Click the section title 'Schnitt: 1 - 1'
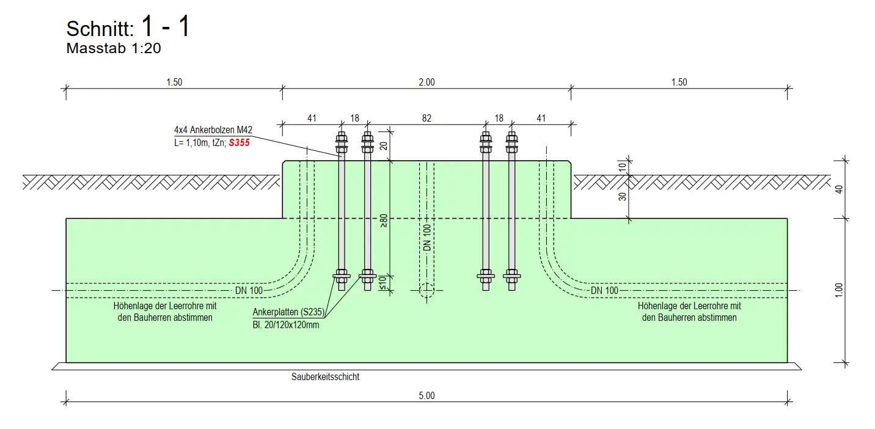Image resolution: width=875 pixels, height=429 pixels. (x=128, y=28)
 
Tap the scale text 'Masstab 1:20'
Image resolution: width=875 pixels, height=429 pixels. (x=114, y=49)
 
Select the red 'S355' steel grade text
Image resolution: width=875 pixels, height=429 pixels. (x=239, y=143)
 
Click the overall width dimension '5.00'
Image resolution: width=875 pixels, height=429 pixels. (x=427, y=395)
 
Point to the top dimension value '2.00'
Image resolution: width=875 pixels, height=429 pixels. (x=427, y=82)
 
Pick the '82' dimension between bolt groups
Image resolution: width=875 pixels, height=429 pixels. (x=427, y=119)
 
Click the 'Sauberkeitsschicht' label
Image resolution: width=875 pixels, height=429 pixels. (x=326, y=377)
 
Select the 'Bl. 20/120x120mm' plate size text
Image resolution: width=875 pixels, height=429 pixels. (x=285, y=324)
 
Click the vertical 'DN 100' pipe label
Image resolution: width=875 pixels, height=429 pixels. (x=427, y=237)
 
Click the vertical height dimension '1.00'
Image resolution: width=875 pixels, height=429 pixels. (x=839, y=290)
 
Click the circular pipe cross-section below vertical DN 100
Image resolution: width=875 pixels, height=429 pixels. (x=427, y=290)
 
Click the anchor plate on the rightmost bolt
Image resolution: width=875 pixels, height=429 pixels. (x=512, y=277)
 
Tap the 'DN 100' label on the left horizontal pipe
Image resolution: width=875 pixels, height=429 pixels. (x=249, y=290)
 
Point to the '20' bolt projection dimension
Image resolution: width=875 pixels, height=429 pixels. (x=384, y=145)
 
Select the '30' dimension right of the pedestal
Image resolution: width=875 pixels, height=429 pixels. (x=622, y=197)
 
